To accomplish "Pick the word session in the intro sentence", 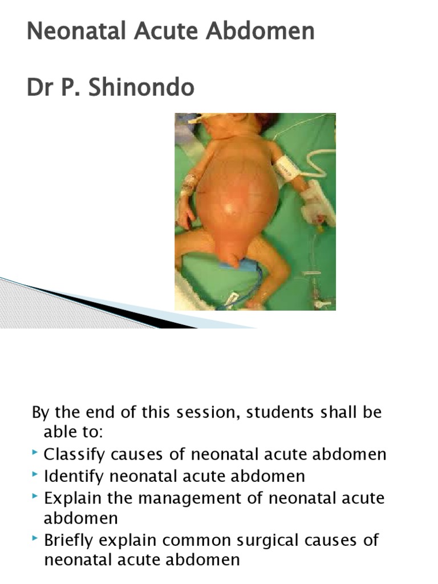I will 201,412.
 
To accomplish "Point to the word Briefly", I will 69,540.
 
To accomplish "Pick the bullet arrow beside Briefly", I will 36,538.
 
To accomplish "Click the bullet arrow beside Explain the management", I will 36,496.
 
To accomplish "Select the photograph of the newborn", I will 255,212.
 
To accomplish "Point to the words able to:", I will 73,433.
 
